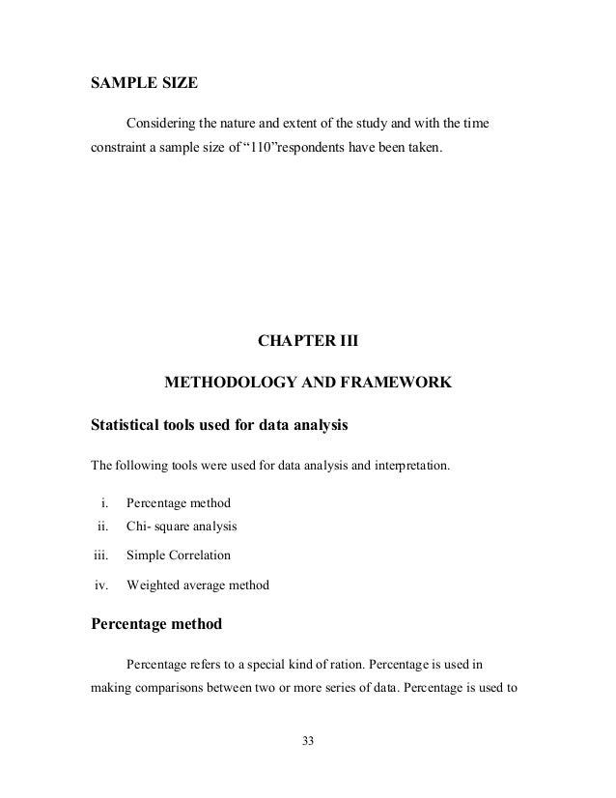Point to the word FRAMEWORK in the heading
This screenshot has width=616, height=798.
[x=394, y=384]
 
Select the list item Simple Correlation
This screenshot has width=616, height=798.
[x=179, y=556]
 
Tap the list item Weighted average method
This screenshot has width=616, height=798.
[x=198, y=584]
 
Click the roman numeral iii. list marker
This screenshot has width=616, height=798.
[x=99, y=556]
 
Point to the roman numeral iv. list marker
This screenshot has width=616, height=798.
[x=99, y=584]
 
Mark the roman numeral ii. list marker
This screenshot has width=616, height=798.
[x=100, y=527]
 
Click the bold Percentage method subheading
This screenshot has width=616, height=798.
[x=155, y=624]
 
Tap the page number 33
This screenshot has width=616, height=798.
[x=308, y=741]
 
